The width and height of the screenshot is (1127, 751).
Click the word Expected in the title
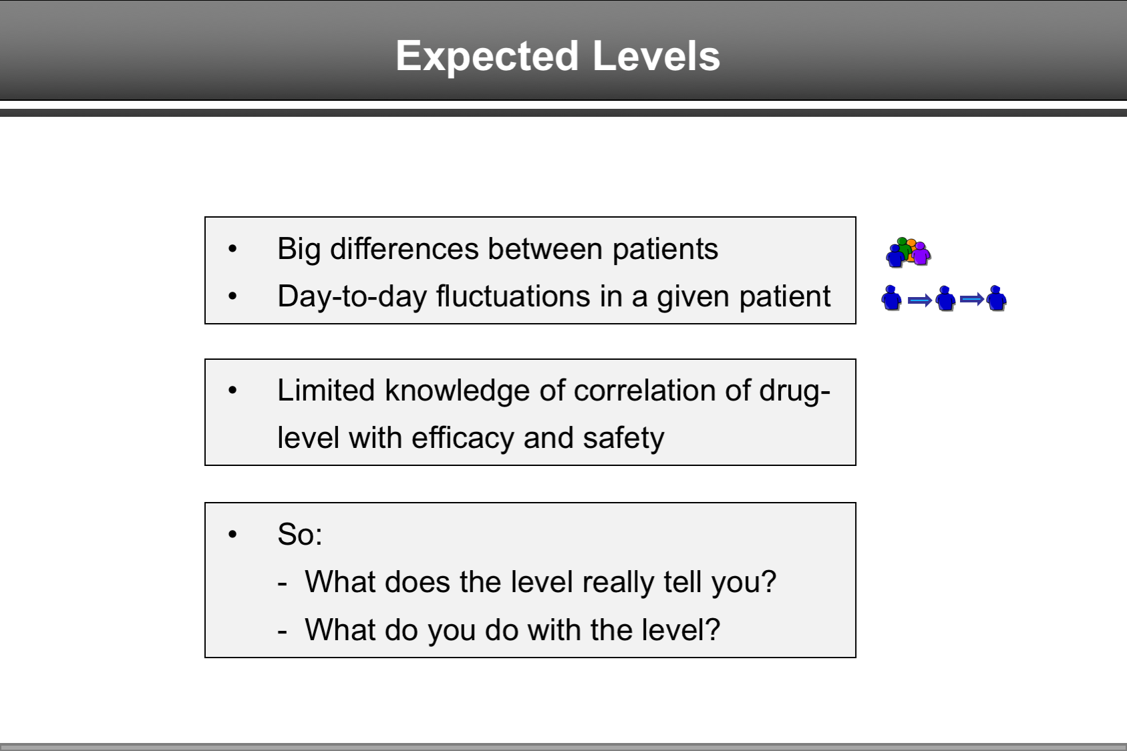pos(487,56)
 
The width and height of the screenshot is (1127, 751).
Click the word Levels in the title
pos(656,56)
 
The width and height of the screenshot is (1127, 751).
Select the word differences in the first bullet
pos(405,249)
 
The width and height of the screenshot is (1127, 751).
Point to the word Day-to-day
pos(351,296)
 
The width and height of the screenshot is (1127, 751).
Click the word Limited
pos(326,391)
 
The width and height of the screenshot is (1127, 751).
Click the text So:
pos(300,535)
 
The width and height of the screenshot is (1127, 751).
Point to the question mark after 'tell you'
pos(769,582)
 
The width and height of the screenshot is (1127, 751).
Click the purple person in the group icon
pos(922,254)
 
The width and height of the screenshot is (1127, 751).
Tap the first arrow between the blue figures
pos(920,300)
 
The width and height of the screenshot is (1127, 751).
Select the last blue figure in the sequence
pos(996,298)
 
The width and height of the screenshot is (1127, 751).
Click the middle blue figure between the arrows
pos(945,298)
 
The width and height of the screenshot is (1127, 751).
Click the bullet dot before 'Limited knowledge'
pos(232,391)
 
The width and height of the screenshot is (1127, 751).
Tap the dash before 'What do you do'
pos(283,631)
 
